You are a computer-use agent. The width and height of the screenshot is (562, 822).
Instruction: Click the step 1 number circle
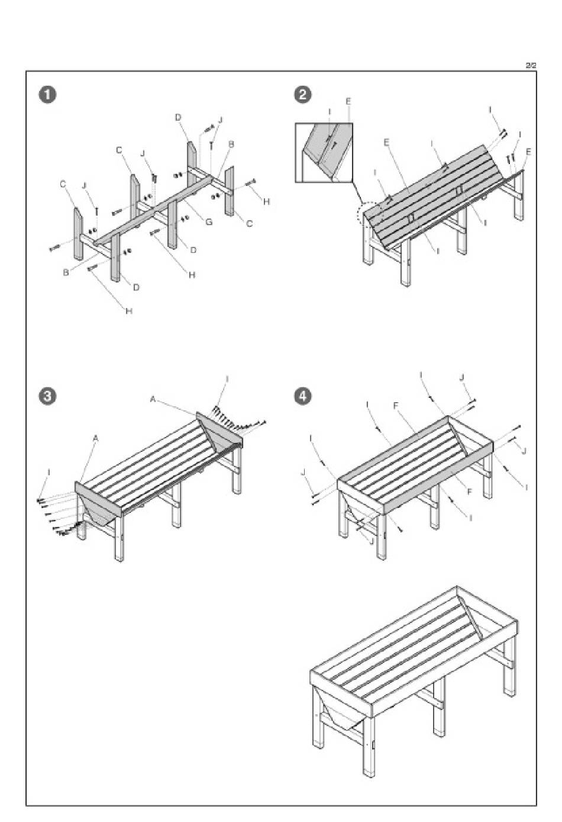47,95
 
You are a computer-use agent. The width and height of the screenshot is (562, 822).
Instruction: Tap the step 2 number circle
303,95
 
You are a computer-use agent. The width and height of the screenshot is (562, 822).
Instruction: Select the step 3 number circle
47,396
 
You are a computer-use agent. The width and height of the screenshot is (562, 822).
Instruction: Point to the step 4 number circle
303,396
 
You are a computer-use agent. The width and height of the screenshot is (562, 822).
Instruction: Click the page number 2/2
531,65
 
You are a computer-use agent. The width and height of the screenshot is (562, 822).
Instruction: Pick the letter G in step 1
208,221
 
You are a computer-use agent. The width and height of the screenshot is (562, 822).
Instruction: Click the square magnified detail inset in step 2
324,152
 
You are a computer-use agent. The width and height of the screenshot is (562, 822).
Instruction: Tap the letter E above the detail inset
348,102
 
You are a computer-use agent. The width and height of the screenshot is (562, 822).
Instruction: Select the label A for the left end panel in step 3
96,439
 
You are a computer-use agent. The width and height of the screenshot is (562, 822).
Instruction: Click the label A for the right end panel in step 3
153,400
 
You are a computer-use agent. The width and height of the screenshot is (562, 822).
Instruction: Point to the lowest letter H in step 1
128,310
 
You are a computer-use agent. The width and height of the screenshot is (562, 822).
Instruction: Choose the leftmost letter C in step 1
63,184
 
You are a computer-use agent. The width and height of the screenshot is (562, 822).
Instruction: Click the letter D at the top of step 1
177,118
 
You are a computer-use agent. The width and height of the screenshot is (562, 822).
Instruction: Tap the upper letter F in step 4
396,406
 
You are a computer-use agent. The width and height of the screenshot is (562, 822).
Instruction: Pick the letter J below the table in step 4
370,540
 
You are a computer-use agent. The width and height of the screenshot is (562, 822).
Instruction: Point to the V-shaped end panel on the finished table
339,711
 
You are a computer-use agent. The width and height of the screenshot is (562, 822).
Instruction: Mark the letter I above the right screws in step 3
228,378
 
